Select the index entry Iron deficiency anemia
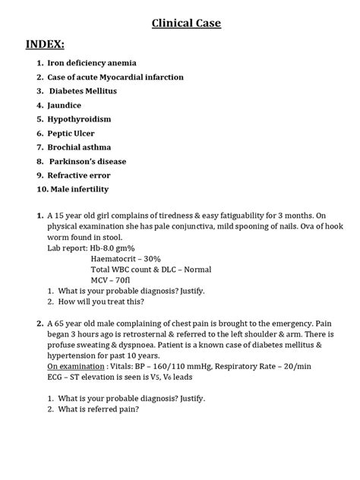[x=92, y=63]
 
